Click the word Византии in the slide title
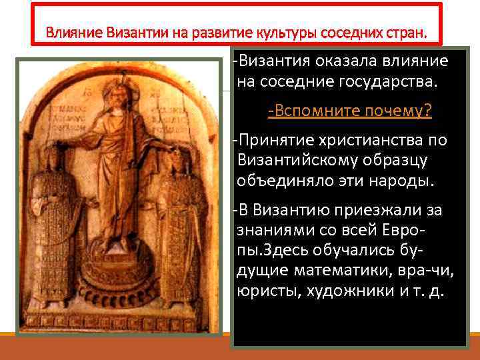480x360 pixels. point(124,32)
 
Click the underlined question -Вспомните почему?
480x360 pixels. point(349,111)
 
